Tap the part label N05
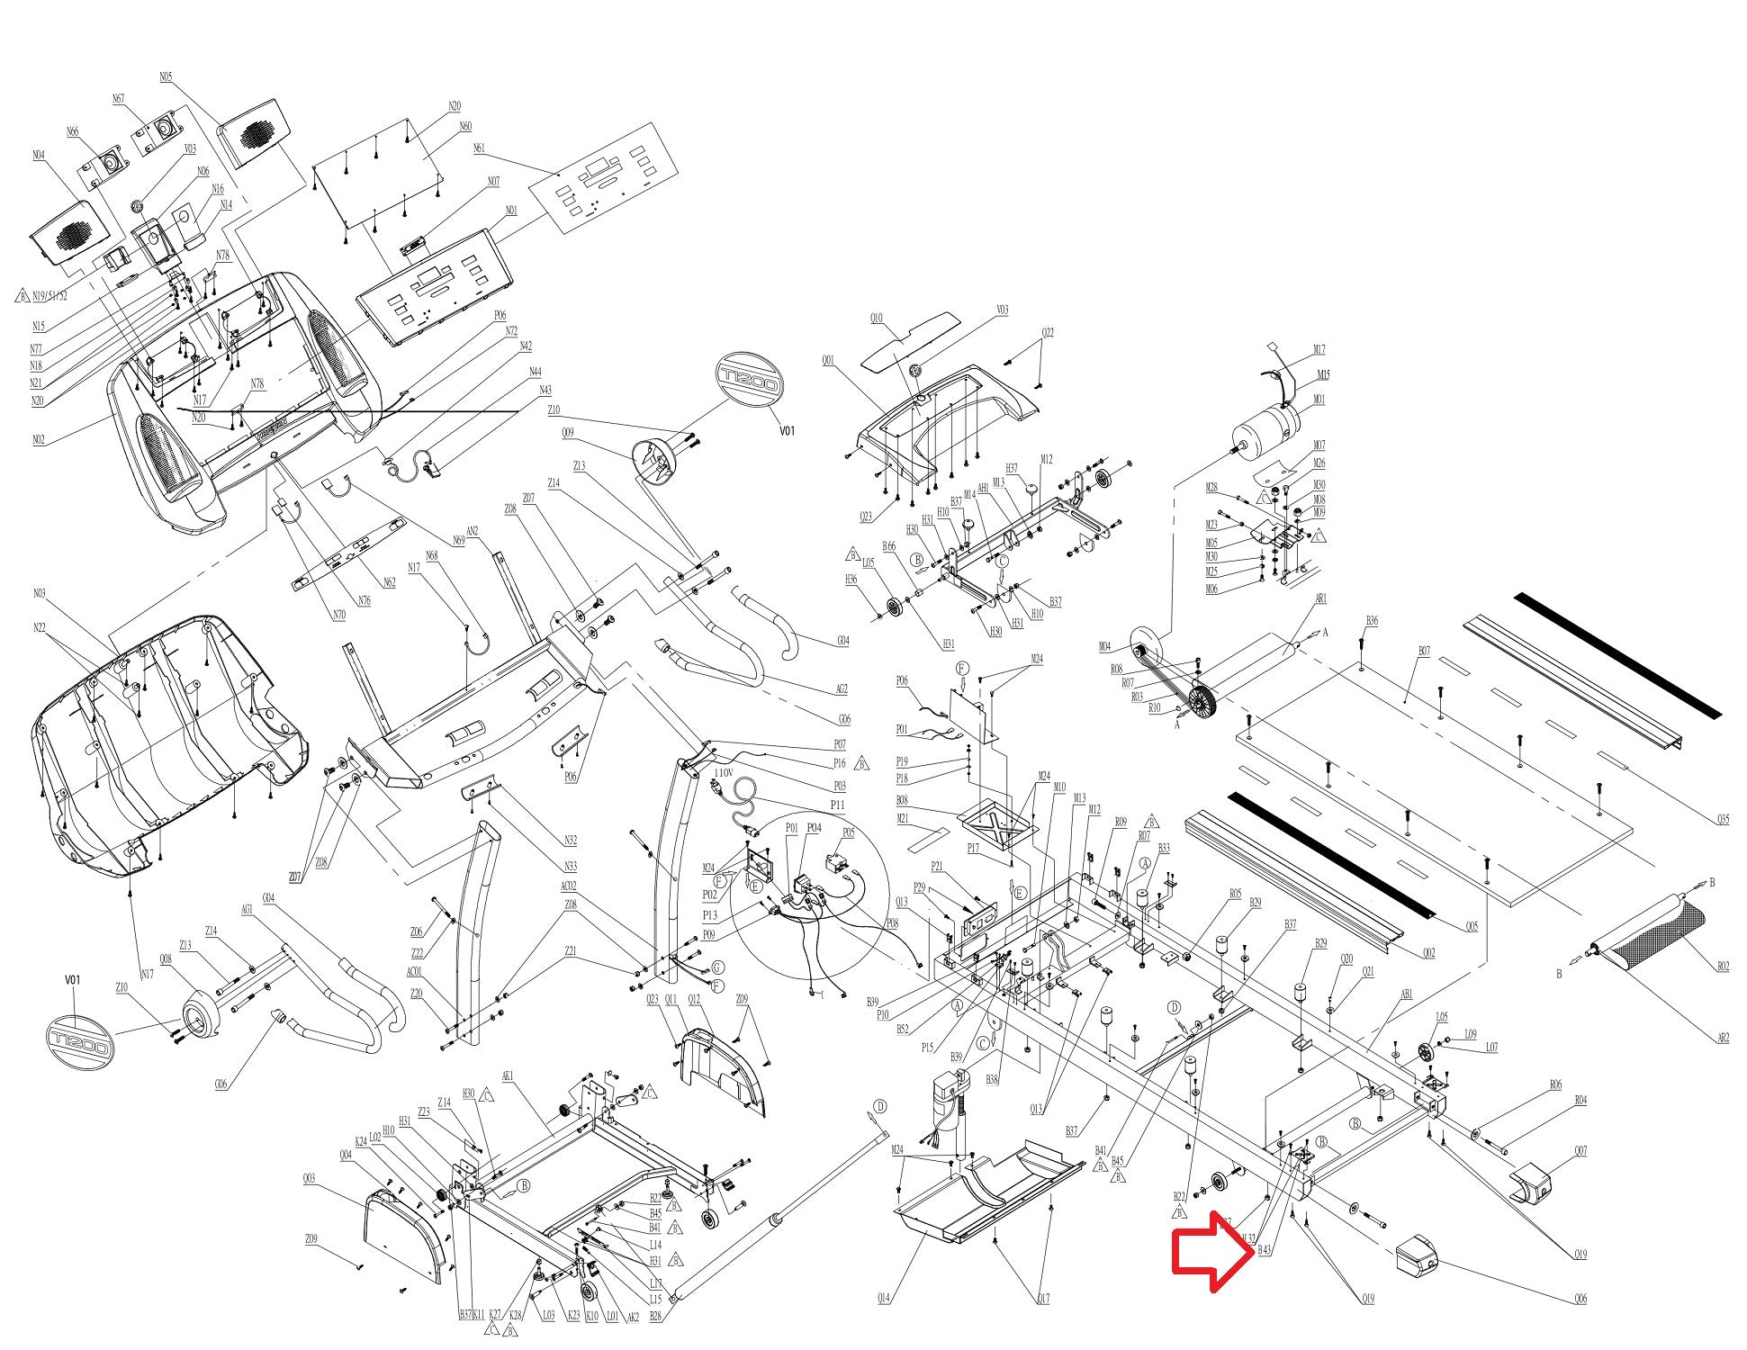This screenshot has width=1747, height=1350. [166, 77]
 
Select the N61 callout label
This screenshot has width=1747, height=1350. [479, 148]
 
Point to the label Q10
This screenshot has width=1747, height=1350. [877, 319]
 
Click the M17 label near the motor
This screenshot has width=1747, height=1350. [1319, 350]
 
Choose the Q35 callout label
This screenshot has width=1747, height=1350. [1723, 819]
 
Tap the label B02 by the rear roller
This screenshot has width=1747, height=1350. [1723, 967]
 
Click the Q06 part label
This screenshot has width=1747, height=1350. [1580, 1299]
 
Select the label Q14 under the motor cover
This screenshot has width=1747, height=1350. [885, 1299]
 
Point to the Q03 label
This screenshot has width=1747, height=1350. [310, 1179]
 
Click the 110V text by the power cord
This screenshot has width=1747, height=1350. [724, 773]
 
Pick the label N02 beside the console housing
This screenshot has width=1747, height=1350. [39, 440]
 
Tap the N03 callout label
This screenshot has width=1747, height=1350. [39, 593]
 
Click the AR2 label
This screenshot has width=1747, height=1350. [1723, 1038]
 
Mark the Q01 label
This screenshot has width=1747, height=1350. [828, 361]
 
